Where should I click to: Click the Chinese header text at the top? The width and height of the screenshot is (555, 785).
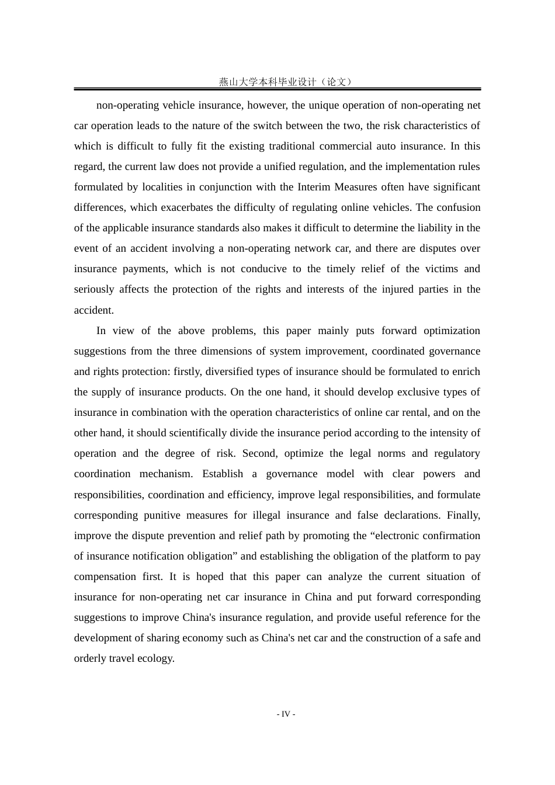(286, 82)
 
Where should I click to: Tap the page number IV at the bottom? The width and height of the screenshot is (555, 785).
(286, 714)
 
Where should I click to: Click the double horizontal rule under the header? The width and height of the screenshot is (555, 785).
(277, 89)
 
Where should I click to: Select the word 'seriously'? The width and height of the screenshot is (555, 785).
(94, 290)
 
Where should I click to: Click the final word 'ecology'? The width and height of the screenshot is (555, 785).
(155, 659)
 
